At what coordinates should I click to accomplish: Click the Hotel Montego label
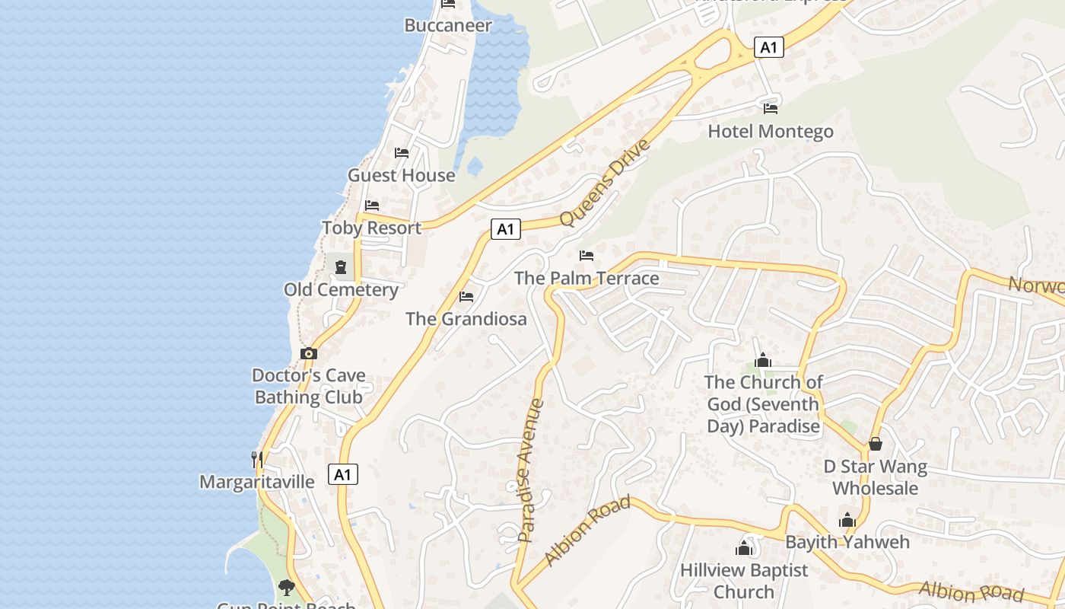(x=770, y=132)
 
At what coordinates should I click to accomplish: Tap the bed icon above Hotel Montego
(x=771, y=108)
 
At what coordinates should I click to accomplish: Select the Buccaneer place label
(x=448, y=25)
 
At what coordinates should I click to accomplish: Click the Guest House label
(x=401, y=175)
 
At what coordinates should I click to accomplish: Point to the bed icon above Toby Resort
(x=372, y=206)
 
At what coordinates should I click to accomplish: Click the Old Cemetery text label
(x=341, y=290)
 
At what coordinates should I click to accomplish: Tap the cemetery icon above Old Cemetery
(x=341, y=267)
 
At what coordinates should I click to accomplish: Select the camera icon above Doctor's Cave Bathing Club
(x=309, y=353)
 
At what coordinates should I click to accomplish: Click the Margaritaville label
(x=256, y=482)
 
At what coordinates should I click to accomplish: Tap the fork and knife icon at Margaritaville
(x=257, y=459)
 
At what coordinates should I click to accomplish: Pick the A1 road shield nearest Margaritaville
(x=343, y=474)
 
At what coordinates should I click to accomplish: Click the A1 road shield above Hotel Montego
(x=769, y=47)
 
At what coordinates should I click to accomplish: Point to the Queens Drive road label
(x=605, y=183)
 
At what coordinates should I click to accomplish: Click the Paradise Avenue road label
(x=529, y=470)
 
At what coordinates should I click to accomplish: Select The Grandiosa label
(x=466, y=319)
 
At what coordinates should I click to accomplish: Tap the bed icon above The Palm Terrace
(x=587, y=255)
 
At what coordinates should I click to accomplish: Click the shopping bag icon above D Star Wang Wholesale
(x=876, y=444)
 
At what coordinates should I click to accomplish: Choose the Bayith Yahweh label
(x=847, y=542)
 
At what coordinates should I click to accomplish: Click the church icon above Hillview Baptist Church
(x=744, y=547)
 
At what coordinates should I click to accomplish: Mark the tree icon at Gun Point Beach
(x=286, y=587)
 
